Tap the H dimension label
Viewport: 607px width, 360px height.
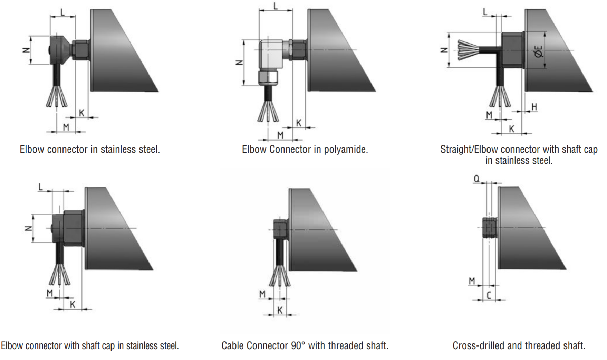pyautogui.click(x=534, y=107)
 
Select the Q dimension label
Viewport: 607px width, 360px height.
pyautogui.click(x=476, y=179)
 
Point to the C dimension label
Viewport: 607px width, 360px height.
pyautogui.click(x=489, y=295)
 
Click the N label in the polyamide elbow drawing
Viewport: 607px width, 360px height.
pyautogui.click(x=239, y=63)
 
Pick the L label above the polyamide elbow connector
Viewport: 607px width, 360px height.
pyautogui.click(x=276, y=6)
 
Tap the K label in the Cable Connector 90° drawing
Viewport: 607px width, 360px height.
pyautogui.click(x=280, y=310)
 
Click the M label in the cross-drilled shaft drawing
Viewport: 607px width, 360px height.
pyautogui.click(x=472, y=281)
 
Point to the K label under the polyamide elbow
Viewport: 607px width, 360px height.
pyautogui.click(x=299, y=123)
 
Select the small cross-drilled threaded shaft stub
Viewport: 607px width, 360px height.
pyautogui.click(x=489, y=228)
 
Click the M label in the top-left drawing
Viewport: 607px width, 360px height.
pyautogui.click(x=66, y=127)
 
